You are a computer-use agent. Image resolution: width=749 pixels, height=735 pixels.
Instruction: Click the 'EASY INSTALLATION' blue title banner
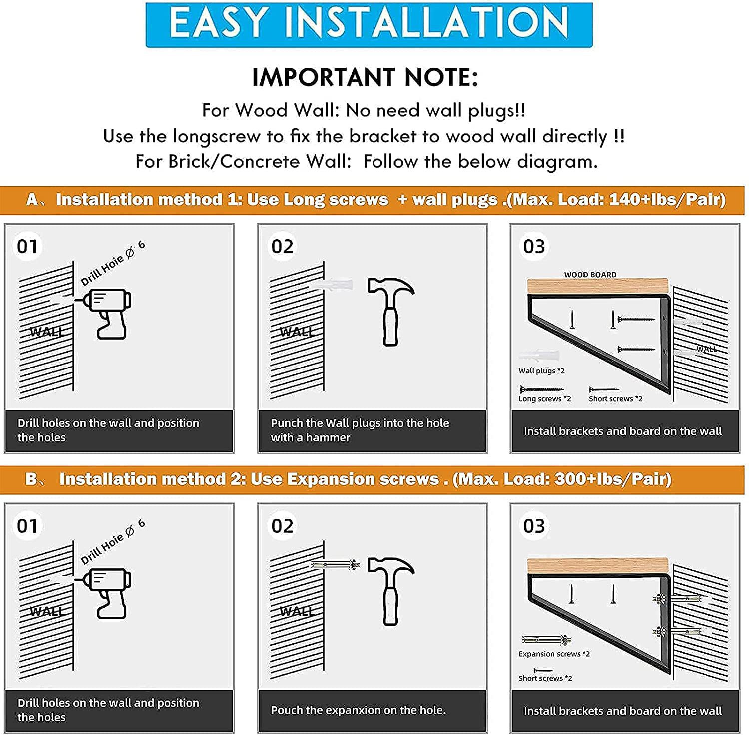pos(369,25)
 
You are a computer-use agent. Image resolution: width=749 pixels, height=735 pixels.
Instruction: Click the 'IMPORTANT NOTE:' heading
pos(365,78)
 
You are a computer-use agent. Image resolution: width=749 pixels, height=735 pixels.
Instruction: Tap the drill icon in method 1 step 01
pos(105,313)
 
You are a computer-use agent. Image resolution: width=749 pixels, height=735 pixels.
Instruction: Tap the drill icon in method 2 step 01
pos(105,593)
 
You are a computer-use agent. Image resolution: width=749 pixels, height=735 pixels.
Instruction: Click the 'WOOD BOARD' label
pos(590,275)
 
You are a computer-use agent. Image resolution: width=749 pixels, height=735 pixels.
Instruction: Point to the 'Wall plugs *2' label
pos(542,371)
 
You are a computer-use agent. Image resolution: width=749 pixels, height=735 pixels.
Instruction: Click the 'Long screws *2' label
pos(545,399)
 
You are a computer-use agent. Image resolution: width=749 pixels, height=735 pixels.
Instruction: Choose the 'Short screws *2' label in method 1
pos(616,399)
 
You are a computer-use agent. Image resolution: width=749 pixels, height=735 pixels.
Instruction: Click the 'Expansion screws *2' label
pos(554,654)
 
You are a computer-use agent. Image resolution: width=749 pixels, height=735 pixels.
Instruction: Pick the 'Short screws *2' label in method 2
pos(545,678)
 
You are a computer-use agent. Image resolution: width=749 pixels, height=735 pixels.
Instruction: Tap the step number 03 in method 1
pos(534,246)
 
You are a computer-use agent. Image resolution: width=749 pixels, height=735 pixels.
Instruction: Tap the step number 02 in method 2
pos(282,526)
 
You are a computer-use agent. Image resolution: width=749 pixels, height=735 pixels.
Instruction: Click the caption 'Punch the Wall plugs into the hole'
pos(360,423)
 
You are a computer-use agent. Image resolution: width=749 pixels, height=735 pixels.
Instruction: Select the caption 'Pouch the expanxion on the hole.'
pos(358,710)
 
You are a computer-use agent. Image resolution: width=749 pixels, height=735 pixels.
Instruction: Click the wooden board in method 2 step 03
pos(598,566)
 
